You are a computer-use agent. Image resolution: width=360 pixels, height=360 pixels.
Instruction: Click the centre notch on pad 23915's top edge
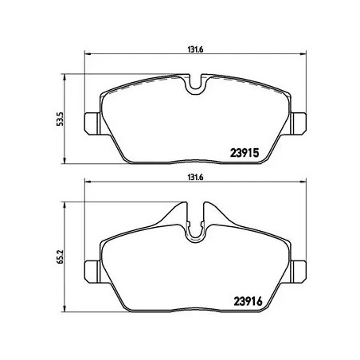pyautogui.click(x=196, y=84)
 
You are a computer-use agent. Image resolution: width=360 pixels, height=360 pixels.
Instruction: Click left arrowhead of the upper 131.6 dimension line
pyautogui.click(x=87, y=56)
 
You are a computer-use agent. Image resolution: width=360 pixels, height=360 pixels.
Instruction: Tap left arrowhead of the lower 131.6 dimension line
pyautogui.click(x=87, y=187)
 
